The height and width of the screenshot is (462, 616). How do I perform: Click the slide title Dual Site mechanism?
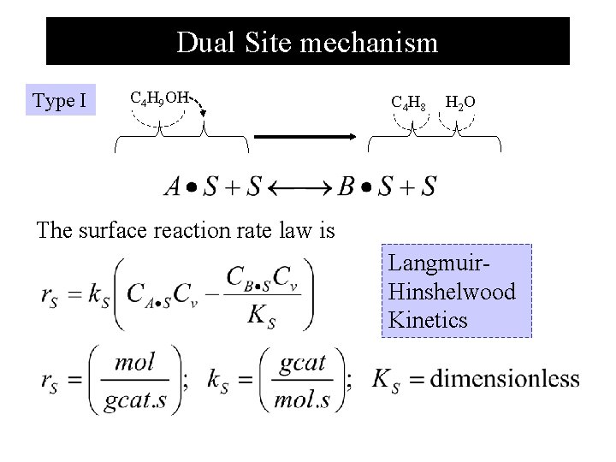[307, 42]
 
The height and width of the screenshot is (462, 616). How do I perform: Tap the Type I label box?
[59, 101]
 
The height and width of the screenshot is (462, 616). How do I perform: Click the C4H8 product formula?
[409, 103]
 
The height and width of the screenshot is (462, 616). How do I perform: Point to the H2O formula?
[460, 103]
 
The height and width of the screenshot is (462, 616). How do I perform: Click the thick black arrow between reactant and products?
[305, 136]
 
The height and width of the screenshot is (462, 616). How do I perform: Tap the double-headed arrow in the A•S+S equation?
[299, 187]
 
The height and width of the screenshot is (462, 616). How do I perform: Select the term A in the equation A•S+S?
[173, 187]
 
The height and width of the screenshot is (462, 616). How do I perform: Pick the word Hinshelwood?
[451, 292]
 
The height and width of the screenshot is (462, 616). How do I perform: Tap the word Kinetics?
[427, 320]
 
